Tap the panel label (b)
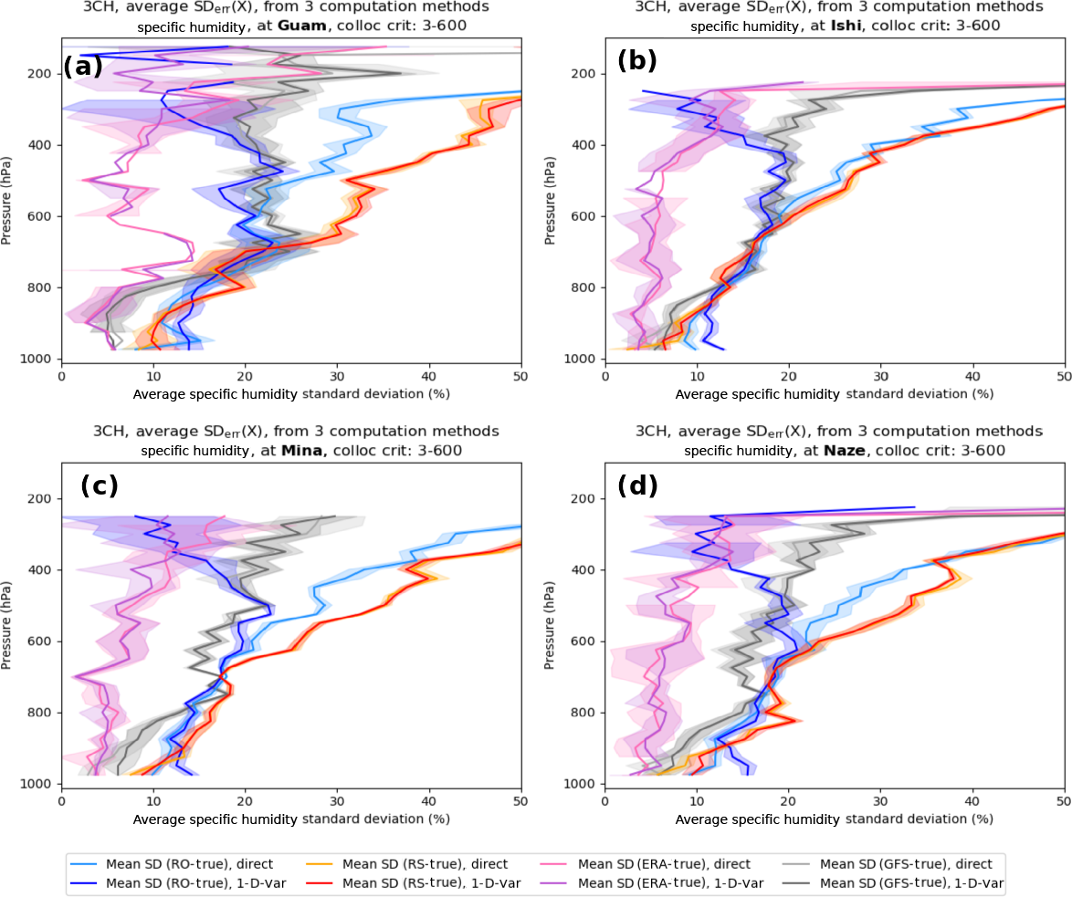(x=637, y=61)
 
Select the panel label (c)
(x=100, y=485)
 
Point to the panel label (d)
(x=637, y=485)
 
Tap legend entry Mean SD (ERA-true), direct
(x=664, y=863)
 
